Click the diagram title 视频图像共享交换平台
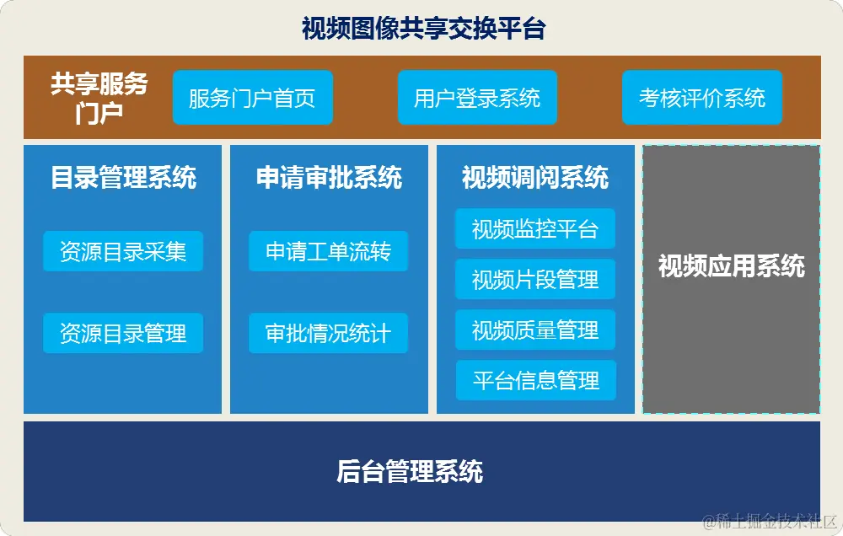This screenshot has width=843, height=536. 423,29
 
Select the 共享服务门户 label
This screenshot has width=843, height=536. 99,97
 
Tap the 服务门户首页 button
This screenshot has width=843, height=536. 252,98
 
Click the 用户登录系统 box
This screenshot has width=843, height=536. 477,98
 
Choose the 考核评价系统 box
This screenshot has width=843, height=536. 702,98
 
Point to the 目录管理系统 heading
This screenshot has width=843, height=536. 123,178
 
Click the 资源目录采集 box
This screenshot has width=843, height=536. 123,251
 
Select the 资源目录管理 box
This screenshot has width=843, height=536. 123,333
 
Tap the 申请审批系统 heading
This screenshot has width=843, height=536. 329,178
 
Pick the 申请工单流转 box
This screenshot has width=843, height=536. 329,251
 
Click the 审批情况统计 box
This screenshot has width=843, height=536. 329,333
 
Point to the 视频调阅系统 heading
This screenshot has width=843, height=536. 535,178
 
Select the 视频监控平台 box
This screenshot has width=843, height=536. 535,229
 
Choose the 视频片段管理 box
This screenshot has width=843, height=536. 535,280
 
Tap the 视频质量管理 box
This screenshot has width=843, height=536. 535,330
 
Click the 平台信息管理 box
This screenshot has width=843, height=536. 535,381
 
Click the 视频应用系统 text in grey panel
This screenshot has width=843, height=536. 731,266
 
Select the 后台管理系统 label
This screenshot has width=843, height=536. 410,471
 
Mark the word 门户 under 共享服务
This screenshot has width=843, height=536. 99,112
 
